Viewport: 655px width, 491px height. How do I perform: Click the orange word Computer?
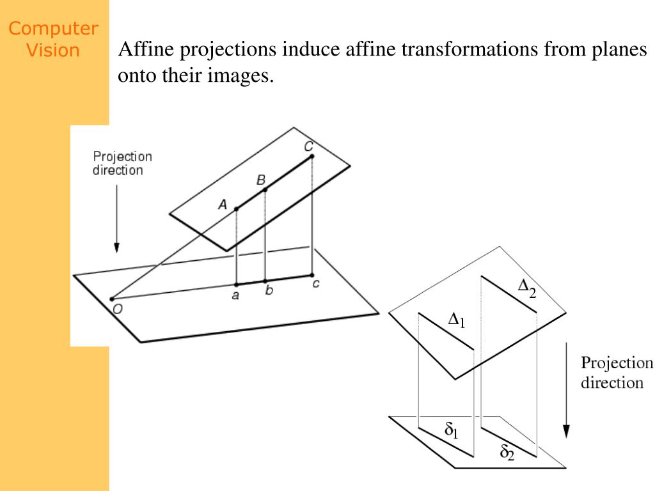click(53, 29)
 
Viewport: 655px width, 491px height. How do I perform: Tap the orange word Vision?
click(53, 50)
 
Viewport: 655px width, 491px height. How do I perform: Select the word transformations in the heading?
click(470, 49)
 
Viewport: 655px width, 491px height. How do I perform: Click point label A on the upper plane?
click(223, 205)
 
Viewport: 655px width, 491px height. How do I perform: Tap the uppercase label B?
click(261, 180)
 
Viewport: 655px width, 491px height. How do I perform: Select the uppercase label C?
click(309, 146)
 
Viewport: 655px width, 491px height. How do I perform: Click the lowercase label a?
click(235, 295)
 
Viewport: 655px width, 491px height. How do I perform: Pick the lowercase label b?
click(269, 290)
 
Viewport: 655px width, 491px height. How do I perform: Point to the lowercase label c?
click(316, 283)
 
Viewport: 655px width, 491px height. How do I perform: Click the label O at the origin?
click(118, 309)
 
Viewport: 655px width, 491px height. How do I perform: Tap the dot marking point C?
click(312, 157)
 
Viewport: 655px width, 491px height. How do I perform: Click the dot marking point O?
click(111, 299)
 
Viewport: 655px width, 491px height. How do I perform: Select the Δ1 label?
click(457, 320)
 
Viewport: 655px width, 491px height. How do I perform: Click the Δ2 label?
click(527, 288)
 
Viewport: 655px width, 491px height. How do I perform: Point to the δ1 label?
click(452, 430)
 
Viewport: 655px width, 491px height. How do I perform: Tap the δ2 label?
click(507, 452)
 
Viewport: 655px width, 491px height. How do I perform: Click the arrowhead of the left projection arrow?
click(116, 247)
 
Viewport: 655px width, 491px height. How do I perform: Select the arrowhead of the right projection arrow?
click(566, 432)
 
